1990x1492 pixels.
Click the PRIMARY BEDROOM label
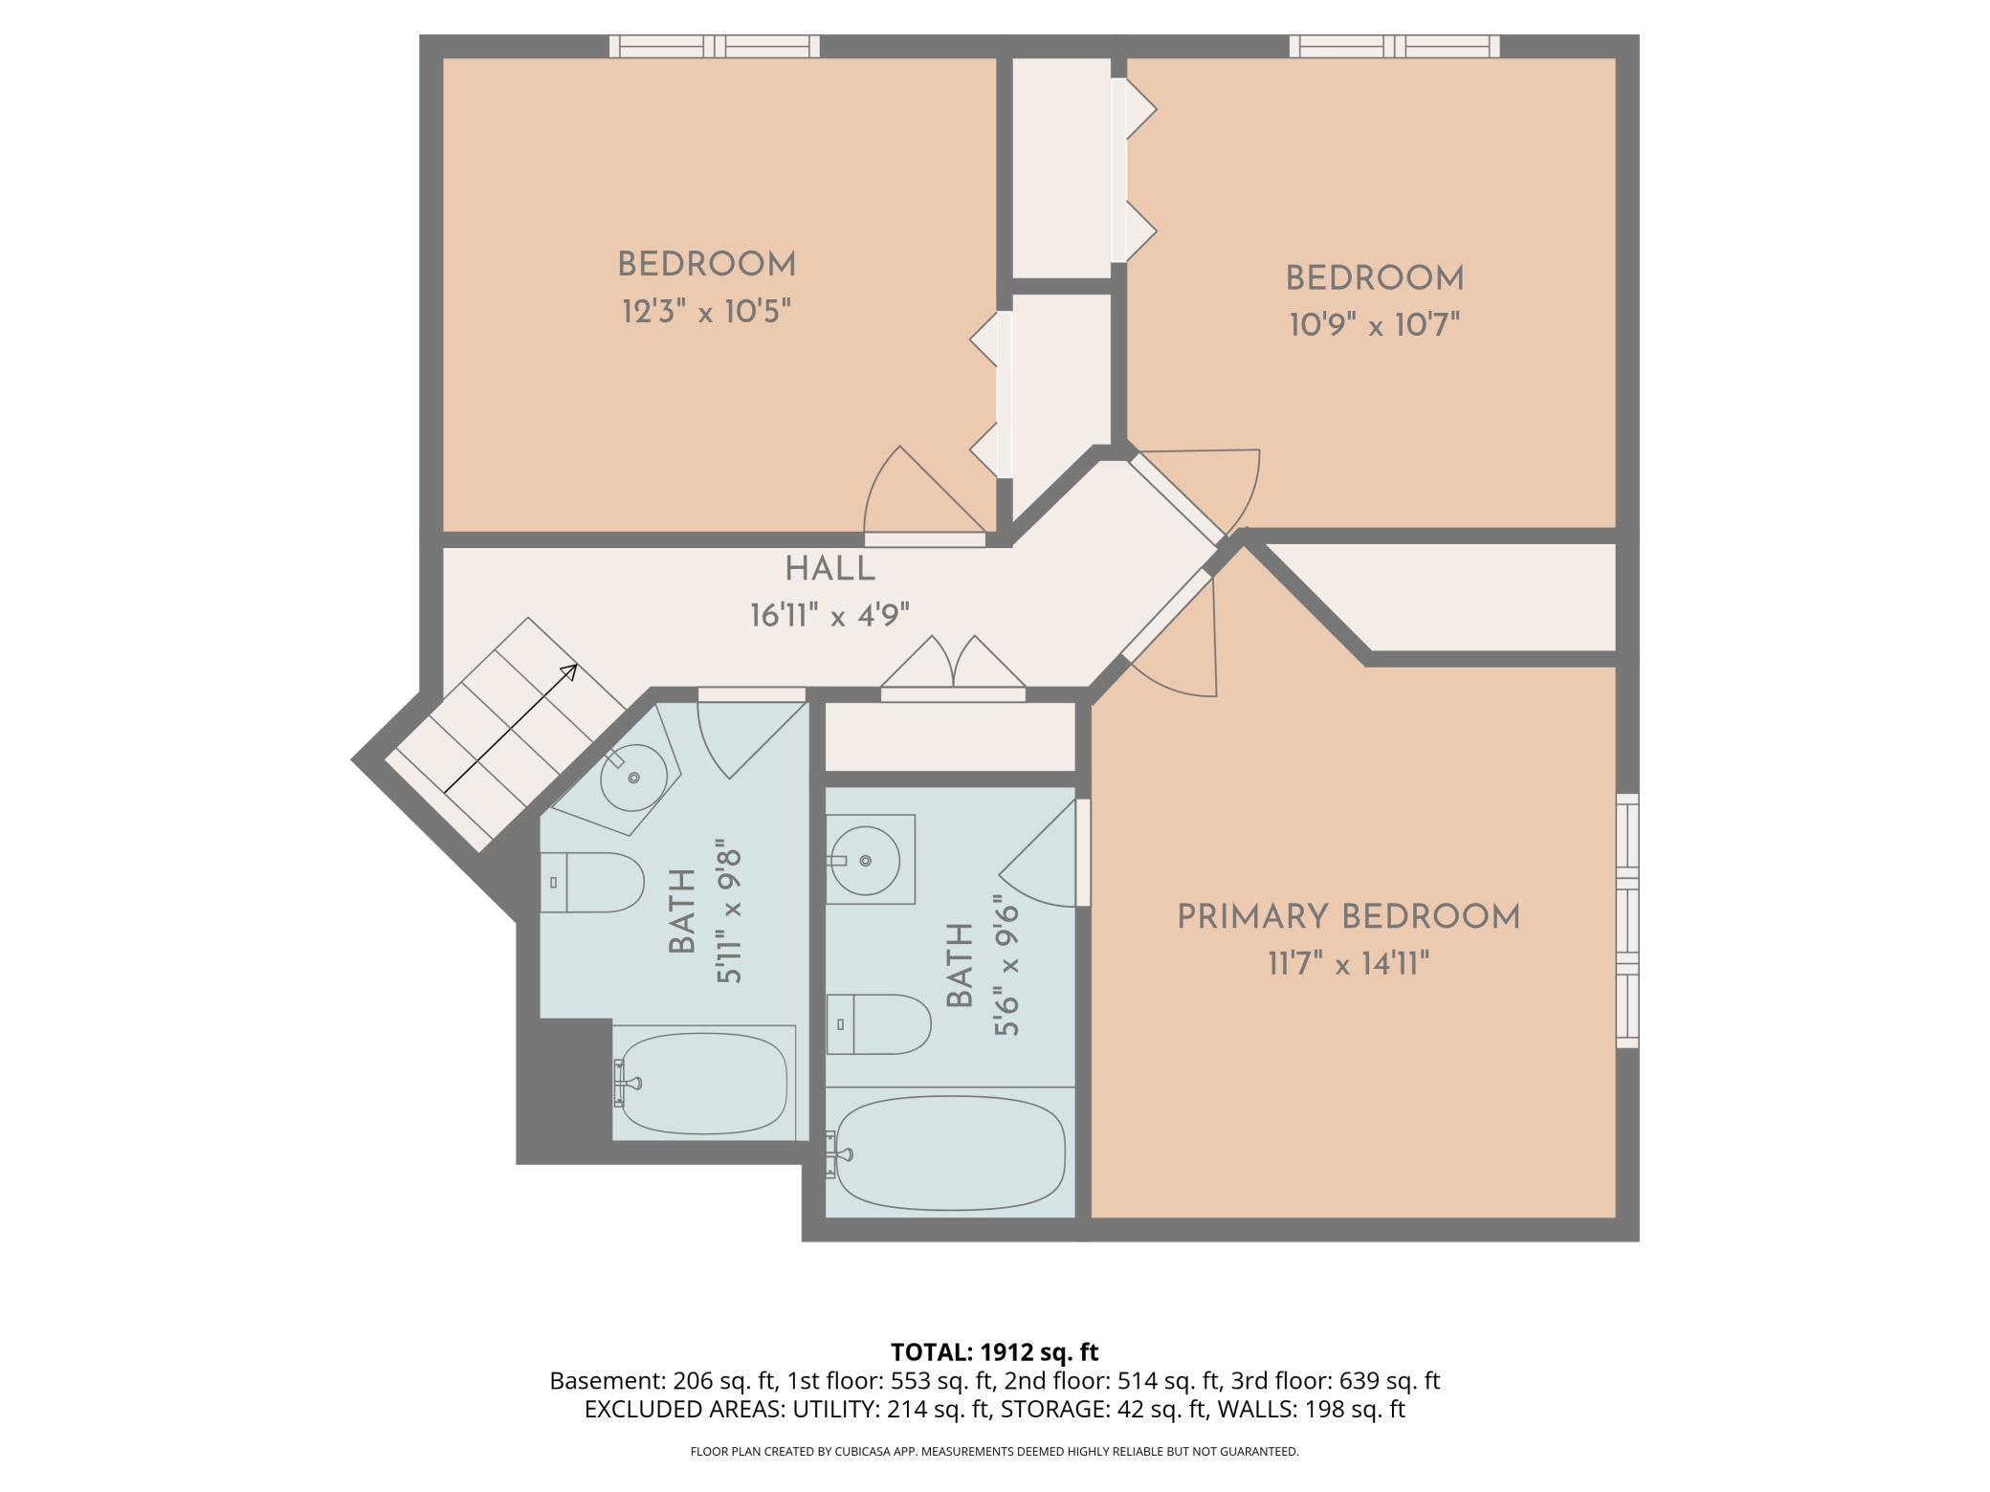pos(1348,917)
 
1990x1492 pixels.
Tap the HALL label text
pos(830,569)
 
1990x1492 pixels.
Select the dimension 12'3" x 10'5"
pos(707,311)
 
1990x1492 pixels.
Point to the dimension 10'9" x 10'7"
pos(1375,325)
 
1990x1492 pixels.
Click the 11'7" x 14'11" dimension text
pos(1348,964)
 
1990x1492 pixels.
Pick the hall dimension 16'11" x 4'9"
pos(830,615)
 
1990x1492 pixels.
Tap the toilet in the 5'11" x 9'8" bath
pos(591,882)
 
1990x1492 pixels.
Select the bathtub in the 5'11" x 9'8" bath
pos(704,1083)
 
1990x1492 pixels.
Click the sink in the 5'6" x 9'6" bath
pos(864,861)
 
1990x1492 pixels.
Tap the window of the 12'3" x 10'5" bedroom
pos(715,46)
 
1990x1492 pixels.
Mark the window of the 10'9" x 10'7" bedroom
pos(1395,46)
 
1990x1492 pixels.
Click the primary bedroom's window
pos(1627,920)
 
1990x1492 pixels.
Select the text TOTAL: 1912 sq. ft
pos(995,1352)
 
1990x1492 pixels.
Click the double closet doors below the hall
pos(953,667)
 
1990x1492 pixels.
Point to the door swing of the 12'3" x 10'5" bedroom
pos(924,493)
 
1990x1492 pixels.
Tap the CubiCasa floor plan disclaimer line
pos(995,1452)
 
